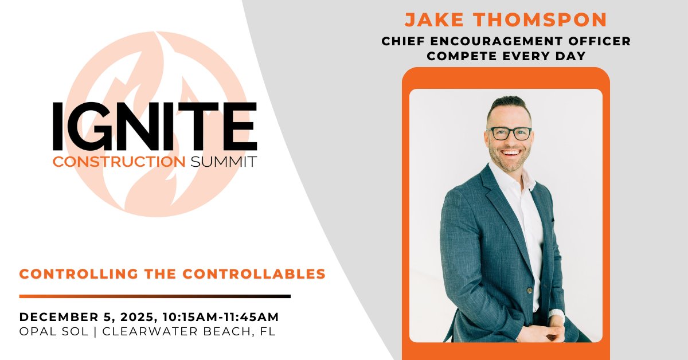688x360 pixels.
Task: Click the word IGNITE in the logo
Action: [155, 127]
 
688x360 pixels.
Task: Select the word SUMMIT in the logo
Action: [222, 162]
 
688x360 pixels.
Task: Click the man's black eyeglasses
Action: [509, 133]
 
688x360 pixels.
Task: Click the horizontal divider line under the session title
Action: [155, 296]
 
